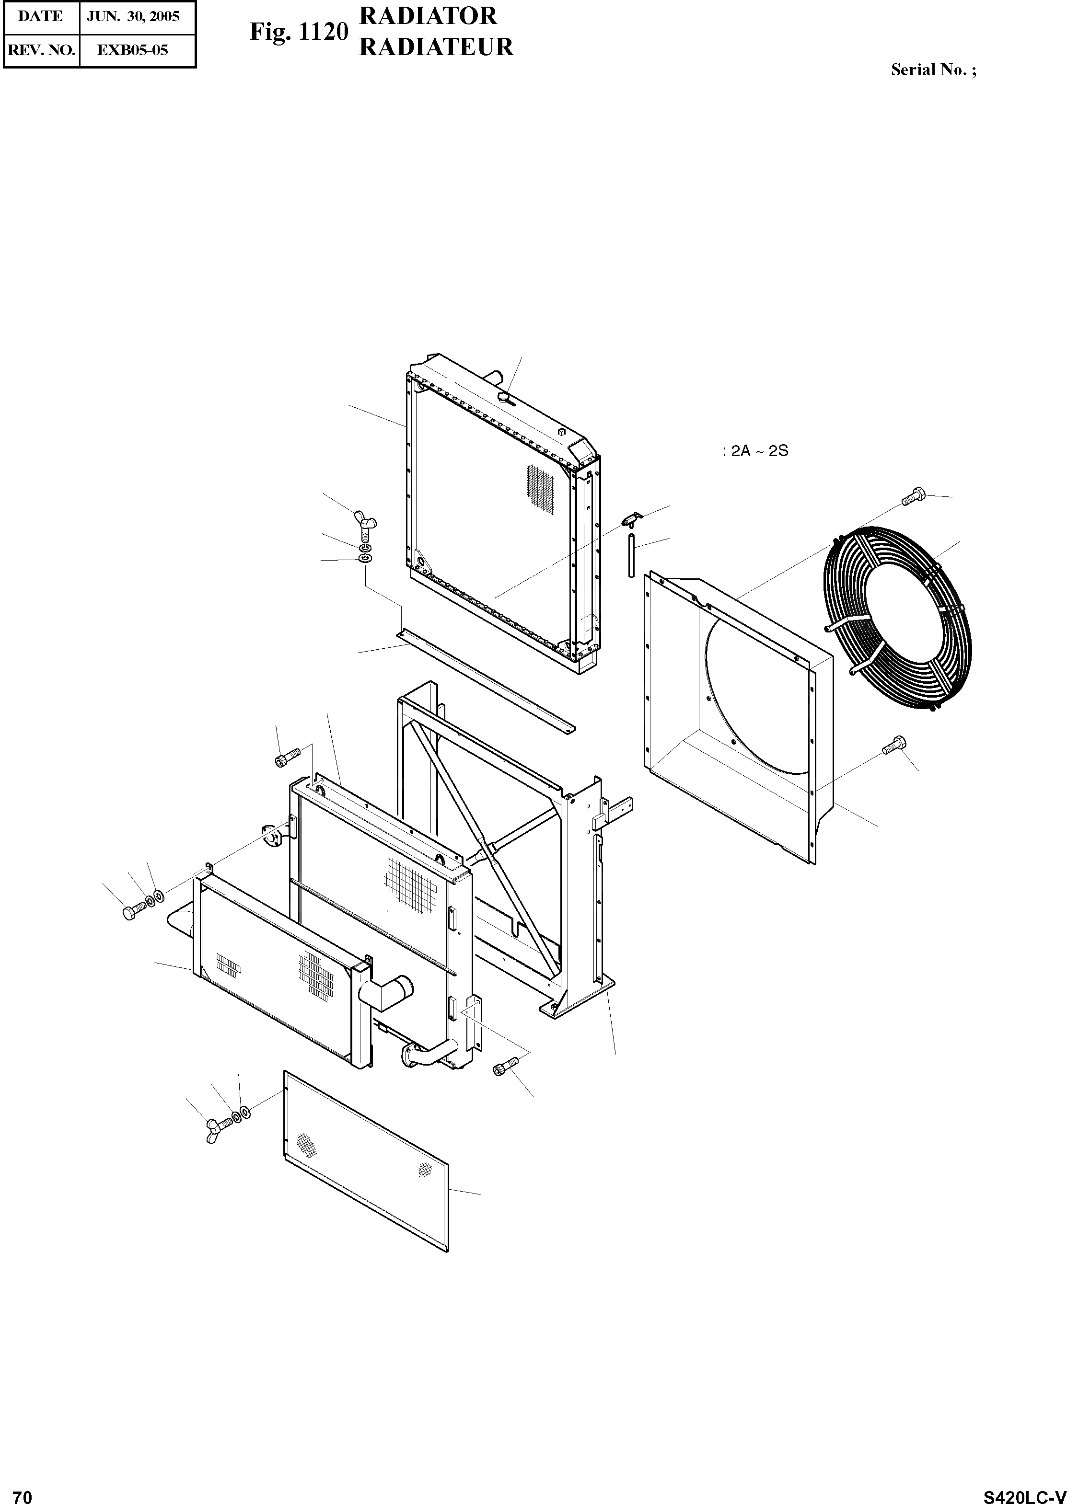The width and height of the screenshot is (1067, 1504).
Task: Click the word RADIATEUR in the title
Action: pos(436,47)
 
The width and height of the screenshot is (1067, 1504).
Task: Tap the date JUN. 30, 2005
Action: pos(133,16)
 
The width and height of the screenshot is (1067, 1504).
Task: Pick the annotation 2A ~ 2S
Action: pos(755,451)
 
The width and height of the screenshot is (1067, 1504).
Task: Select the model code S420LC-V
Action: pos(1024,1492)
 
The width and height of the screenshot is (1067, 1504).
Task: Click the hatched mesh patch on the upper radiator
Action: pos(541,488)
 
